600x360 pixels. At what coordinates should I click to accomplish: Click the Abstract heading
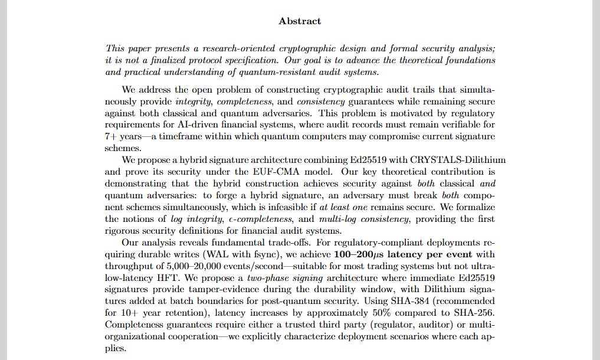[300, 21]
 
